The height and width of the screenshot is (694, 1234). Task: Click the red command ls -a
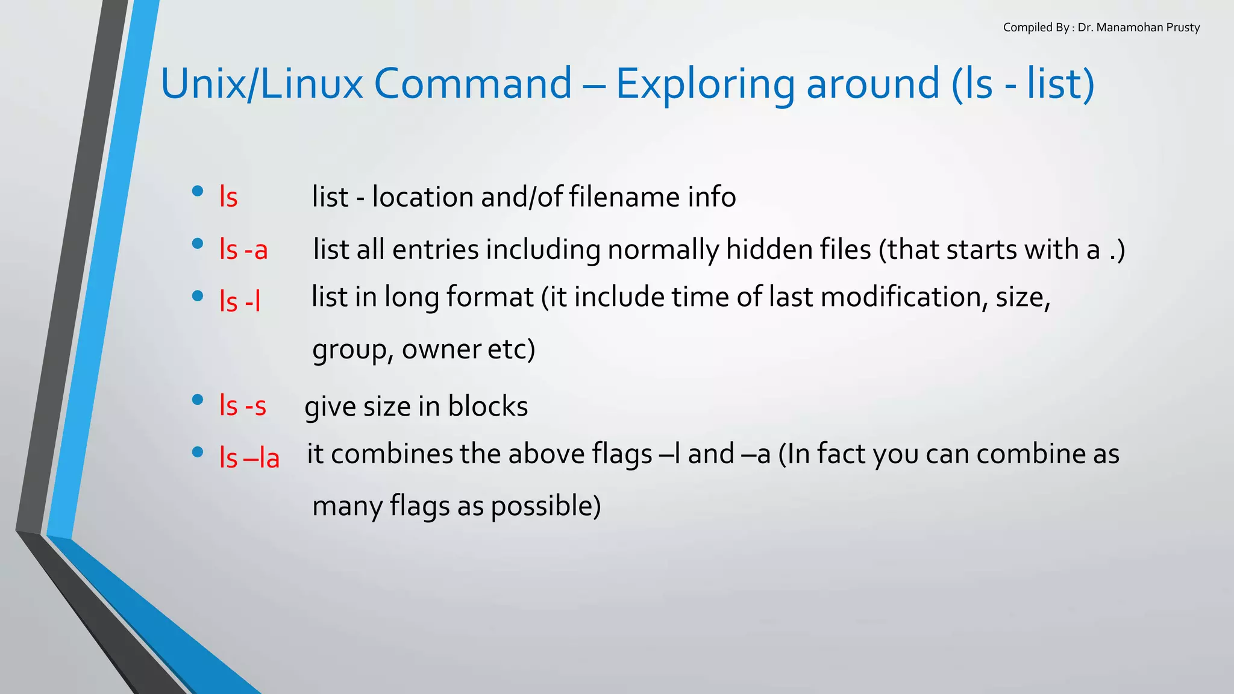[x=243, y=249]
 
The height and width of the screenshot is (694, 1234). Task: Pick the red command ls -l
[x=240, y=301]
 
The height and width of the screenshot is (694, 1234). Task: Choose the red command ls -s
[x=243, y=405]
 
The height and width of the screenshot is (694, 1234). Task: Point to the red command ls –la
[x=249, y=458]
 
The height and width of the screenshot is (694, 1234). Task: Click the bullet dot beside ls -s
[x=197, y=400]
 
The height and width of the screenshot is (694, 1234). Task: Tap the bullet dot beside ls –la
[x=197, y=452]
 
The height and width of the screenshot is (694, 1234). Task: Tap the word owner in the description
[x=441, y=349]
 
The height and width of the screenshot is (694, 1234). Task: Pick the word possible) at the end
[x=545, y=506]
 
